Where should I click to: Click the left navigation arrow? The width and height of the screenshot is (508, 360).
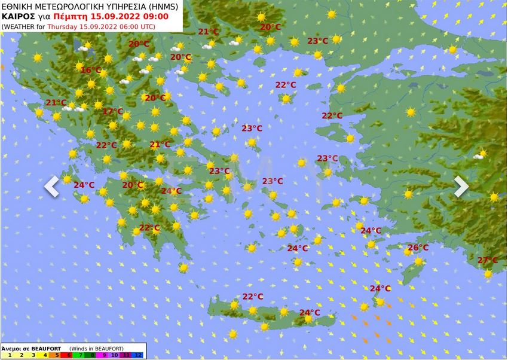[51, 186]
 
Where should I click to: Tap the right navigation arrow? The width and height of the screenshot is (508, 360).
[461, 186]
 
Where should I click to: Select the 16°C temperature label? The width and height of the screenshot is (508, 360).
[91, 70]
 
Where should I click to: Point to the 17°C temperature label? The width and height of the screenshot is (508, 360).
[112, 111]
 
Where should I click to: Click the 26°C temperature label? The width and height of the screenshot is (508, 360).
[418, 248]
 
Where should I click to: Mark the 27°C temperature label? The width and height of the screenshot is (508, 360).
[487, 260]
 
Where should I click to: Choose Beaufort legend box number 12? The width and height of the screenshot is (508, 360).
[139, 355]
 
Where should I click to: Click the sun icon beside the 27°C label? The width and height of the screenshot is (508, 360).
[488, 273]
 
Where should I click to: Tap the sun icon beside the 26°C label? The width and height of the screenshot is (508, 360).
[418, 261]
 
